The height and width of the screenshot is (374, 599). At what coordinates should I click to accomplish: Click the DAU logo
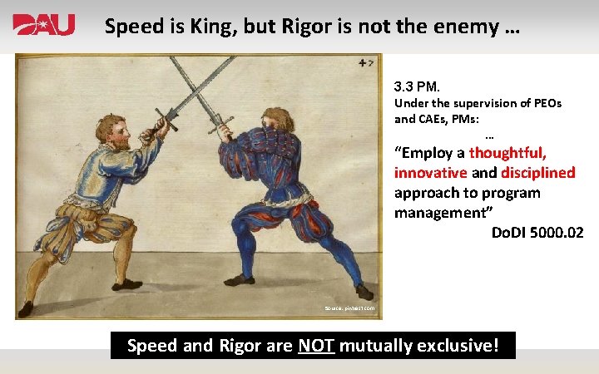[x=43, y=25]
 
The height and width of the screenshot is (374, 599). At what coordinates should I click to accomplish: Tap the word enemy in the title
[x=467, y=27]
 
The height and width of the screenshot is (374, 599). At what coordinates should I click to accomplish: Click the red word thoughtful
[x=507, y=153]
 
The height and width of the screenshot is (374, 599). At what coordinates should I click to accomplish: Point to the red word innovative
[x=430, y=173]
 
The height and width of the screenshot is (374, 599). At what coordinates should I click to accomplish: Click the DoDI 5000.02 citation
[x=537, y=233]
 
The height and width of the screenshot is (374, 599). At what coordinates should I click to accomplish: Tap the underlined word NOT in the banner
[x=315, y=344]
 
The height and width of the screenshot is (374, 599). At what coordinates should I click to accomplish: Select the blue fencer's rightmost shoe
[x=364, y=292]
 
